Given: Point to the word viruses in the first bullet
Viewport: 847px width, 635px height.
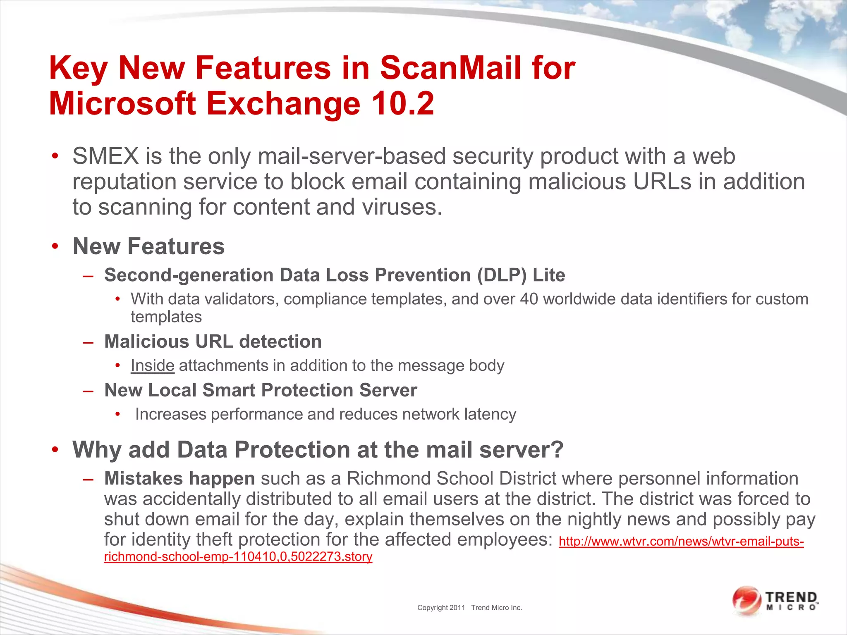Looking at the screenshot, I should (x=400, y=207).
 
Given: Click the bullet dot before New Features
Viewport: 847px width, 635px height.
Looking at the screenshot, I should (x=55, y=247).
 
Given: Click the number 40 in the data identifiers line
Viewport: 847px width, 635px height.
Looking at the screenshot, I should (x=529, y=299).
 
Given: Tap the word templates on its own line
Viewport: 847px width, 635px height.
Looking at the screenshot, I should (x=166, y=317).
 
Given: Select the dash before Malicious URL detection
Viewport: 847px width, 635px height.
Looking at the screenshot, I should (x=88, y=342).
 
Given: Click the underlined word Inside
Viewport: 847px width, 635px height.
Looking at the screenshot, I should (x=153, y=365).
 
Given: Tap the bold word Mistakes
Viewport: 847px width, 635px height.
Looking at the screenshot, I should (x=143, y=479).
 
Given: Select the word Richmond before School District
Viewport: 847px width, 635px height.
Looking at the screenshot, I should (x=388, y=479).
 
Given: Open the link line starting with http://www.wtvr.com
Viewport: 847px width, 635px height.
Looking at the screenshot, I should (x=681, y=541).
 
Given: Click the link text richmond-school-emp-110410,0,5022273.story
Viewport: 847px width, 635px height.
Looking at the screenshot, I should (x=238, y=557).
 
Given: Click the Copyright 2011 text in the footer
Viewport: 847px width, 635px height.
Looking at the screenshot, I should (x=441, y=608).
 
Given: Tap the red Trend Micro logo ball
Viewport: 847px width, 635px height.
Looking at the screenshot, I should (x=747, y=600).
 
